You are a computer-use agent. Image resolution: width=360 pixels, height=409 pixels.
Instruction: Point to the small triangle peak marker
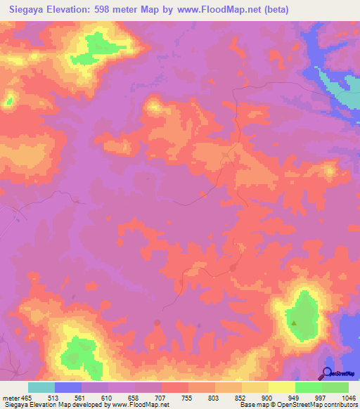coord(295,323)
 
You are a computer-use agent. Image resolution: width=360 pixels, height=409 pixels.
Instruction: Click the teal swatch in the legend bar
coord(41,387)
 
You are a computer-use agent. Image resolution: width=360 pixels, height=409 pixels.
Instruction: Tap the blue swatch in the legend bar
coord(68,387)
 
